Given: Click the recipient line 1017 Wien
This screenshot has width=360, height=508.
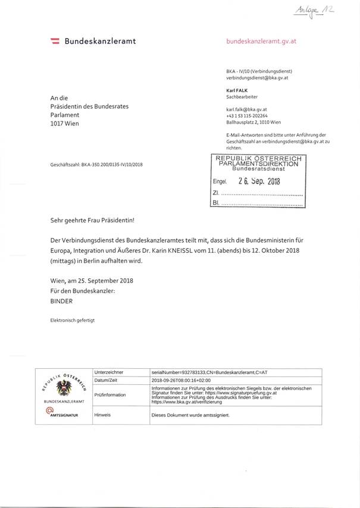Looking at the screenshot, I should coord(65,124).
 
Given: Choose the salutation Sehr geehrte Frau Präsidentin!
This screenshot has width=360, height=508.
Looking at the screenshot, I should coord(93,220).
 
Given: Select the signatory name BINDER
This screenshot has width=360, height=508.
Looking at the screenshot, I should coord(62,302).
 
